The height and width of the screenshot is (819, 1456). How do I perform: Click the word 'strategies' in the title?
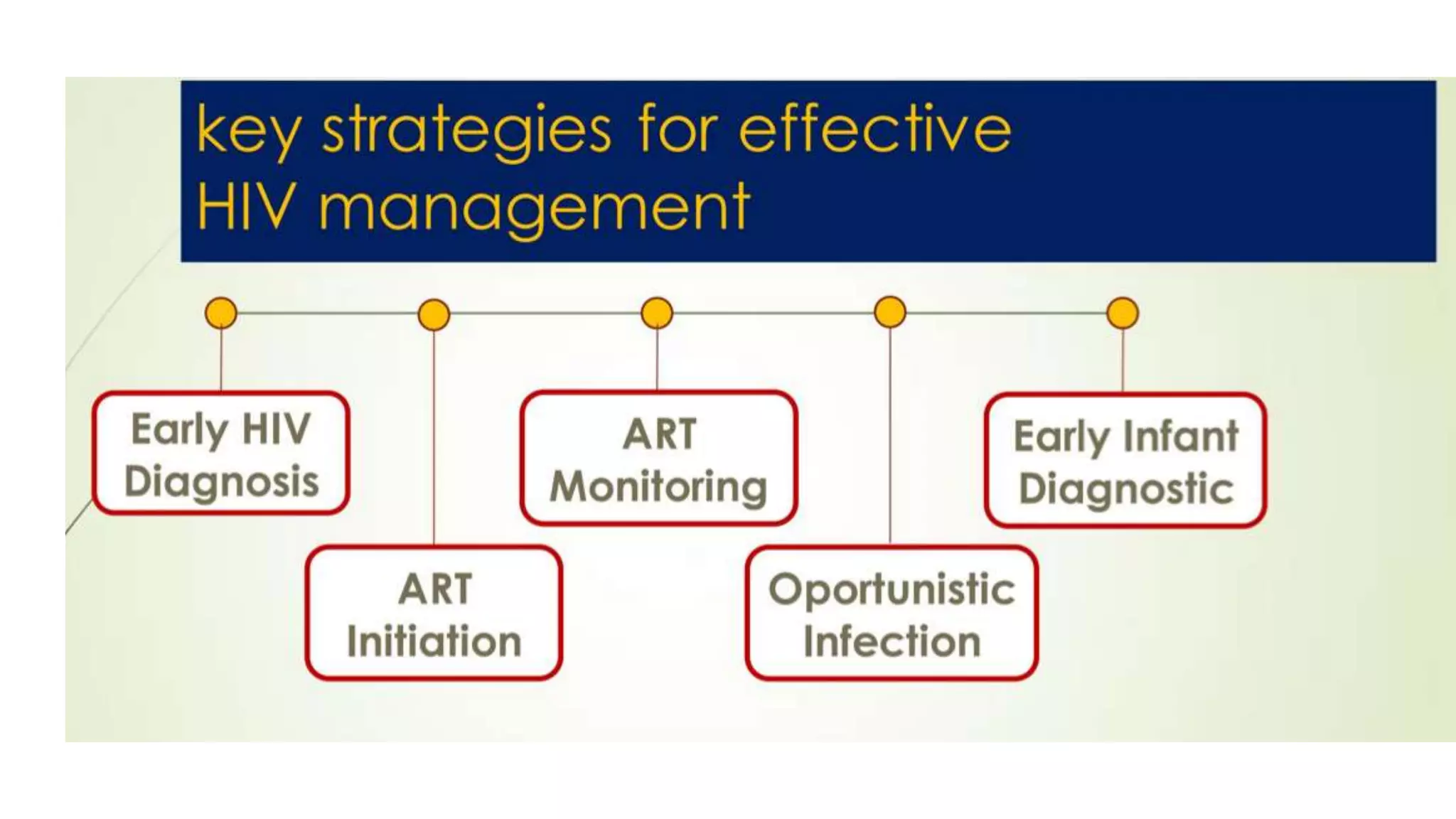466,131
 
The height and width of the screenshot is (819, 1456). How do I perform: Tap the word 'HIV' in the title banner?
245,207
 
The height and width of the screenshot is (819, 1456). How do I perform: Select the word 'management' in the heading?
534,208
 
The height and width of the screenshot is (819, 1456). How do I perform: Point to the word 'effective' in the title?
874,129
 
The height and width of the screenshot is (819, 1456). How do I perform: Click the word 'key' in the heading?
247,132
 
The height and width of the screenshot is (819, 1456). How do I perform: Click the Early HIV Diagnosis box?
221,454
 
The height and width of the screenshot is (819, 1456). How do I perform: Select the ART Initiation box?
434,614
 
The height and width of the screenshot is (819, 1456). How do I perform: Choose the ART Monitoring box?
658,459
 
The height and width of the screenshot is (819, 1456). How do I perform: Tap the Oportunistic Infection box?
892,614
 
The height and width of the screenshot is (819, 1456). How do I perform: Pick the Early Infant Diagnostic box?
1125,461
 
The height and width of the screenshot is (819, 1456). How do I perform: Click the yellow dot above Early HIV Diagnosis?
221,313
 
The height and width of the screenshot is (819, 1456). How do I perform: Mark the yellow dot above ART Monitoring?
657,313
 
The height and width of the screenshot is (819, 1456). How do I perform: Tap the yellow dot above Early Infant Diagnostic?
1123,313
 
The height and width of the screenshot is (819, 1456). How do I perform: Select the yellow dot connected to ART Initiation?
434,314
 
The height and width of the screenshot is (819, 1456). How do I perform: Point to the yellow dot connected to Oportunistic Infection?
890,312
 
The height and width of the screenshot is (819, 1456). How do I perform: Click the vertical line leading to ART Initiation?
434,441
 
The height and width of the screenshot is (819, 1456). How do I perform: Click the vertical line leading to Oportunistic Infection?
890,441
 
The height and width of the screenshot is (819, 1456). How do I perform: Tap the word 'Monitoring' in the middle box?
658,487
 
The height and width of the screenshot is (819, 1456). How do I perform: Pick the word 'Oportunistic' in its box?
892,589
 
